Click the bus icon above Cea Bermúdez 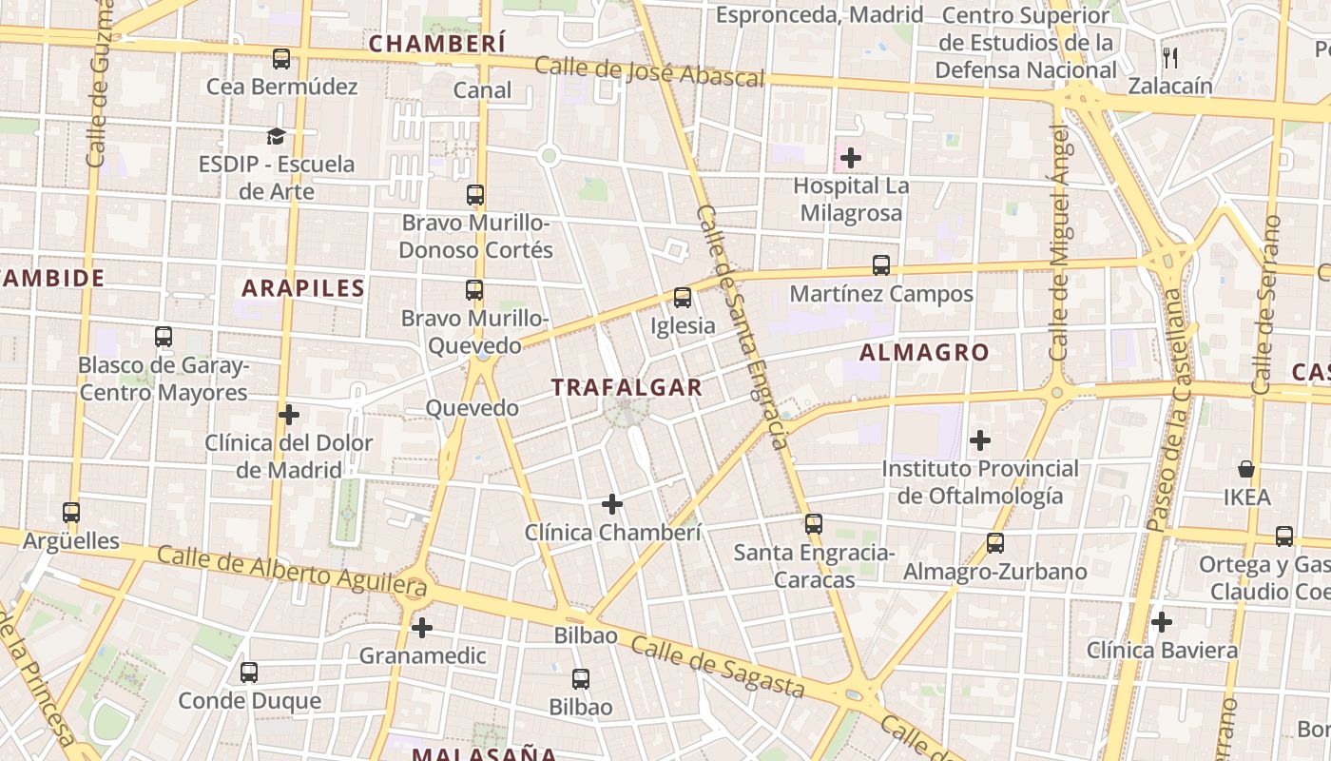(x=281, y=59)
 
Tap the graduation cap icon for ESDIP (x=276, y=136)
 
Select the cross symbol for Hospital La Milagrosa (x=851, y=158)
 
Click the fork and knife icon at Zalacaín (x=1170, y=58)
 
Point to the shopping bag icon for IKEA (x=1246, y=469)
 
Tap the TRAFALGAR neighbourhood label (x=627, y=387)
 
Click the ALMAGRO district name (x=924, y=353)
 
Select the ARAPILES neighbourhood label (x=303, y=288)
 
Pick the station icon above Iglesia (x=682, y=298)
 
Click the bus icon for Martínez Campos (x=881, y=265)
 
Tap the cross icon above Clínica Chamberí (x=612, y=504)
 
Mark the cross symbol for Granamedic (x=422, y=628)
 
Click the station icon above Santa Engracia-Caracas (x=813, y=524)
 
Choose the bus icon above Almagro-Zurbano (x=994, y=543)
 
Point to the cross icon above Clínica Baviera (x=1162, y=623)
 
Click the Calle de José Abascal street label (x=649, y=72)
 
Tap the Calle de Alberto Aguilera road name (x=292, y=570)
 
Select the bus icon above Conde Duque (x=249, y=673)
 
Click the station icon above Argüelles (x=71, y=513)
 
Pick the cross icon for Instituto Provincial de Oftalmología (x=980, y=440)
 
